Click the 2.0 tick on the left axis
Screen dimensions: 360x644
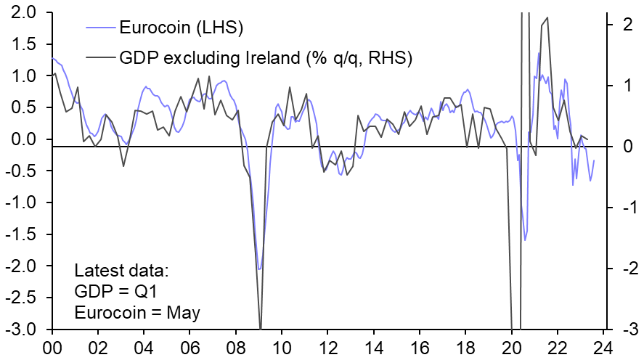25,12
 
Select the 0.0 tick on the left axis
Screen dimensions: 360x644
25,139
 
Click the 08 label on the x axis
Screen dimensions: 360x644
236,347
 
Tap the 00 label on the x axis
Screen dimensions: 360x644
52,347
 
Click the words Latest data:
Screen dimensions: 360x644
121,271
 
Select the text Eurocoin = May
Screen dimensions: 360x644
137,313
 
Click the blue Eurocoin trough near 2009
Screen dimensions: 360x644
259,269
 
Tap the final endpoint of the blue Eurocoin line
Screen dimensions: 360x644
595,160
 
